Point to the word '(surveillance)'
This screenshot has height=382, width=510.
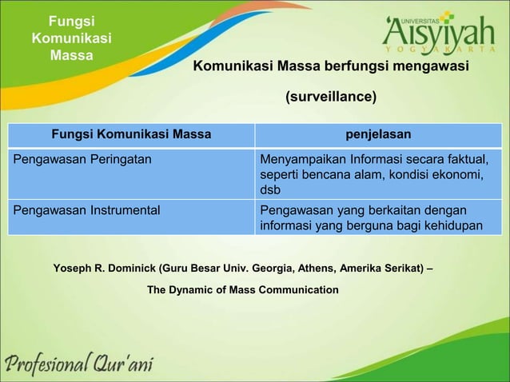[x=331, y=97]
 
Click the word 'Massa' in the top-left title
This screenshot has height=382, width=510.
[x=71, y=55]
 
